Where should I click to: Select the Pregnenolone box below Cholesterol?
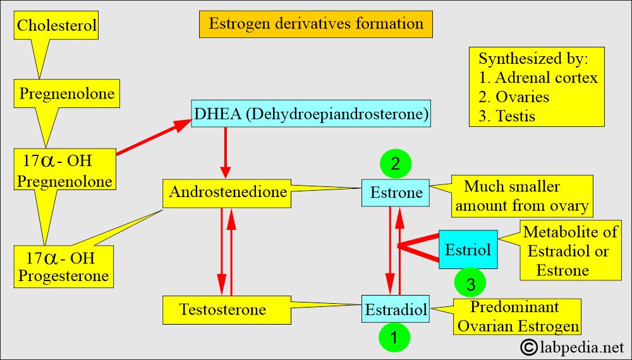coord(67,94)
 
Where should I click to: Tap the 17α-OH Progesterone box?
coord(63,268)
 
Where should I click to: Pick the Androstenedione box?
coord(228,193)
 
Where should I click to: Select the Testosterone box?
coord(222,309)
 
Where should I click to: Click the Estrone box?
coord(396,193)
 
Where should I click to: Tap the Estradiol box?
coord(396,309)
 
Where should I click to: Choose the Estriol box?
coord(468,249)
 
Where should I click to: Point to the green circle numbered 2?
coord(395,165)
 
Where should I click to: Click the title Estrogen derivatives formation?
coord(316,24)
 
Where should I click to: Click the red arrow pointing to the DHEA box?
coord(155,137)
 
